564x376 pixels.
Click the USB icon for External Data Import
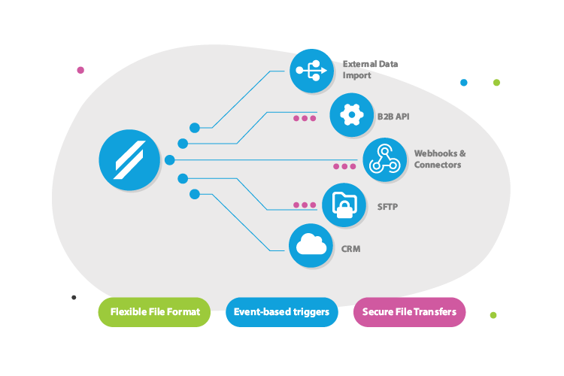point(311,71)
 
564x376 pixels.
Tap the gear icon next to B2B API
point(351,116)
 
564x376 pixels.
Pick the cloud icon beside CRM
point(311,245)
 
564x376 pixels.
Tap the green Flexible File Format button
point(154,312)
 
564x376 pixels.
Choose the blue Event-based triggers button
point(281,312)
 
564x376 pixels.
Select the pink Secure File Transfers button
point(409,312)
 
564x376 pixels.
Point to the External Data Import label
point(369,70)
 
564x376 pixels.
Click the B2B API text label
point(393,117)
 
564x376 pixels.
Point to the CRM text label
point(351,247)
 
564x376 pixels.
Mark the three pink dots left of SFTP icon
point(305,205)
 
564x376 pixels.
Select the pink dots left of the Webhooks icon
point(345,166)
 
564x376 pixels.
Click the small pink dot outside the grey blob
point(80,70)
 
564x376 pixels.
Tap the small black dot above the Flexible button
point(74,297)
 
